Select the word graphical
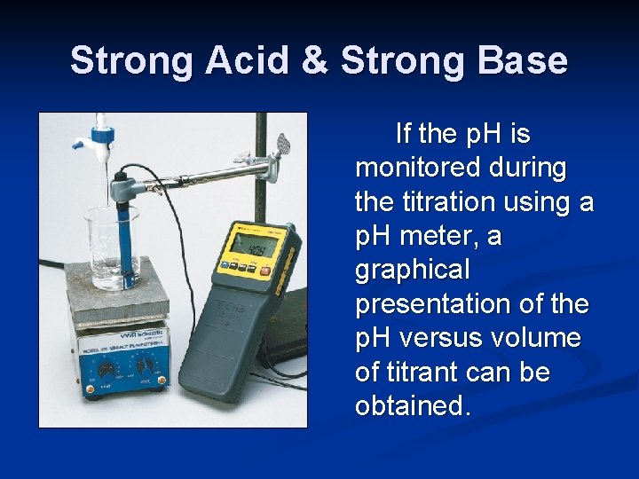[413, 271]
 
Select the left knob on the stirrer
[106, 370]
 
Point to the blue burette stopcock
[90, 139]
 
